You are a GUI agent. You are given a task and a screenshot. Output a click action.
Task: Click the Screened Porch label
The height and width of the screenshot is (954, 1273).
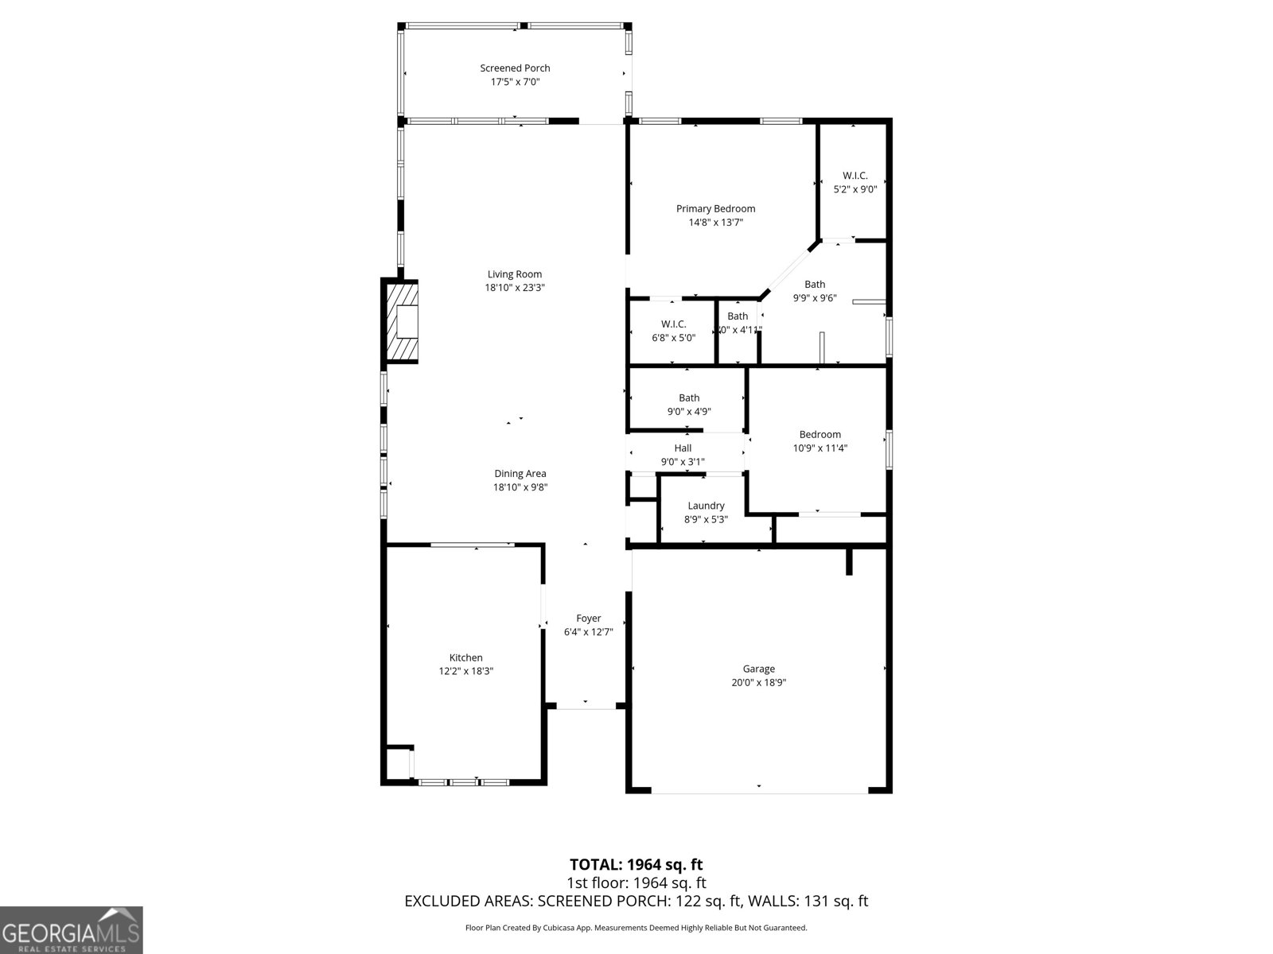(x=515, y=68)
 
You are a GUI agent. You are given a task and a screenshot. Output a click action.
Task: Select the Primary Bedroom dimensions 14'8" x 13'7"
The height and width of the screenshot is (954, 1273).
(x=715, y=223)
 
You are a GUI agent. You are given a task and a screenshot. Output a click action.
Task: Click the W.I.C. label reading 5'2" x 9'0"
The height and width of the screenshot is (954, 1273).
(x=855, y=176)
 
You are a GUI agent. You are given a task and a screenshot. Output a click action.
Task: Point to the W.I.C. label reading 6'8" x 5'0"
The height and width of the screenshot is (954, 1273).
(x=673, y=324)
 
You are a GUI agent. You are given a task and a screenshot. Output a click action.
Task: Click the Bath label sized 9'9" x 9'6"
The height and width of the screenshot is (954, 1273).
(x=815, y=284)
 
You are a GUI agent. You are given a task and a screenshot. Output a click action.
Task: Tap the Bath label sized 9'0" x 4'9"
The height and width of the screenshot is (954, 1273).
(x=689, y=398)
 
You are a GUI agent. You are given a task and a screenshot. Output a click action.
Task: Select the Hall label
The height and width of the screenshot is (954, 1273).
(x=683, y=448)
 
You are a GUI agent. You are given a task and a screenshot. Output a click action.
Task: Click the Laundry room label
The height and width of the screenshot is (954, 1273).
(x=706, y=506)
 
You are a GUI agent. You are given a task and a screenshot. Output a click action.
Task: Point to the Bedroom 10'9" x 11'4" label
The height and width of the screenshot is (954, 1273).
(x=819, y=435)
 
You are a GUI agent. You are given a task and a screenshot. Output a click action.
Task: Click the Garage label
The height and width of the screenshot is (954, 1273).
(x=758, y=669)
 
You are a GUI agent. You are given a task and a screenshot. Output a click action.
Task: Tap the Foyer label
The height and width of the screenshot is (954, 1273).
(x=588, y=619)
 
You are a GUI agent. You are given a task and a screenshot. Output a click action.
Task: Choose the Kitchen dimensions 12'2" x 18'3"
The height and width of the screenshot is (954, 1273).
(x=466, y=671)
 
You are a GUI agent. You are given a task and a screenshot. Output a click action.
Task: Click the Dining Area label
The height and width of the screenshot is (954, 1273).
(x=520, y=474)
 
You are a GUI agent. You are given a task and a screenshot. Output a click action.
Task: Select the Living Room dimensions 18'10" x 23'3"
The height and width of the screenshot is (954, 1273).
(x=515, y=288)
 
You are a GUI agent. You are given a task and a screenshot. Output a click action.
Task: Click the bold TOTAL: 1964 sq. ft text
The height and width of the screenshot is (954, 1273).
(x=636, y=864)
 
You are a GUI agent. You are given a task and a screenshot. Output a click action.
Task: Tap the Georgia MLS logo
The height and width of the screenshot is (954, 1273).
(x=71, y=929)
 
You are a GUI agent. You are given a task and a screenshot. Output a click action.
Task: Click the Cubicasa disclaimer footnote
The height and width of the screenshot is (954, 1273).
(x=636, y=928)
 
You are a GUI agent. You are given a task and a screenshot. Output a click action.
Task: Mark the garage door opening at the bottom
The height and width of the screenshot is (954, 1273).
(x=759, y=790)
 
